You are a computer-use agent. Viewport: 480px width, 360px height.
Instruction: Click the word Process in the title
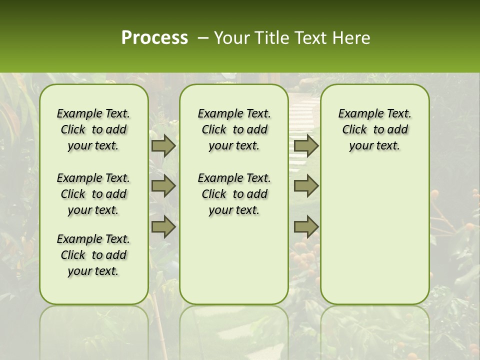[154, 37]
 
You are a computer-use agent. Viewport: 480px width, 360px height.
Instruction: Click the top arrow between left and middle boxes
[163, 145]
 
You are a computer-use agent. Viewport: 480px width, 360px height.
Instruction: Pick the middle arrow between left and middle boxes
[163, 186]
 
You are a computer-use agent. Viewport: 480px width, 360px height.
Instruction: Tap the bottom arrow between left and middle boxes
[163, 227]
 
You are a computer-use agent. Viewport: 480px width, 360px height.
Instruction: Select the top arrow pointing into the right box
[306, 145]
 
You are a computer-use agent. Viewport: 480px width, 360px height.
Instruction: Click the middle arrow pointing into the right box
[306, 186]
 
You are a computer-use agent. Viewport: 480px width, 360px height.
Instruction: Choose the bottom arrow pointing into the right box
[306, 227]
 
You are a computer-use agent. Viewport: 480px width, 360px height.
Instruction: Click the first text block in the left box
[93, 129]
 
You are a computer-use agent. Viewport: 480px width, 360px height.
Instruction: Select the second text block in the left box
[93, 194]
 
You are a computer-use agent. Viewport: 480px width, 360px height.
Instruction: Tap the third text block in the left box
[93, 255]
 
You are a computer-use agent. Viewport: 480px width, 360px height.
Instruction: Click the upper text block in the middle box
[234, 129]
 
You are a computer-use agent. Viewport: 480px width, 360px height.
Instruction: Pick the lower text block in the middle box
[234, 194]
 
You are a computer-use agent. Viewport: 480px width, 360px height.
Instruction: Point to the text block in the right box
[375, 129]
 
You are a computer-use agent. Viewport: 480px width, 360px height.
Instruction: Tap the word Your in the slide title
[230, 37]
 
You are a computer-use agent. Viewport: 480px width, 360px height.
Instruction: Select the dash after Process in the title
[203, 37]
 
